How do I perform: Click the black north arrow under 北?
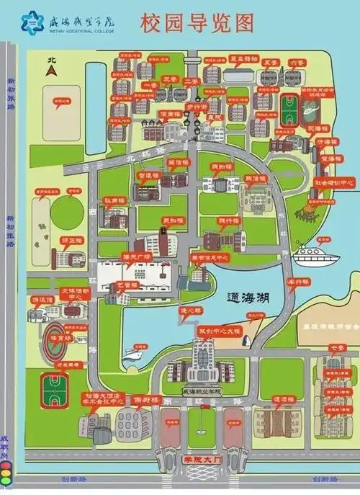point(50,71)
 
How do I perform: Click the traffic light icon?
point(6,472)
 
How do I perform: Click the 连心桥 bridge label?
point(189,311)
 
